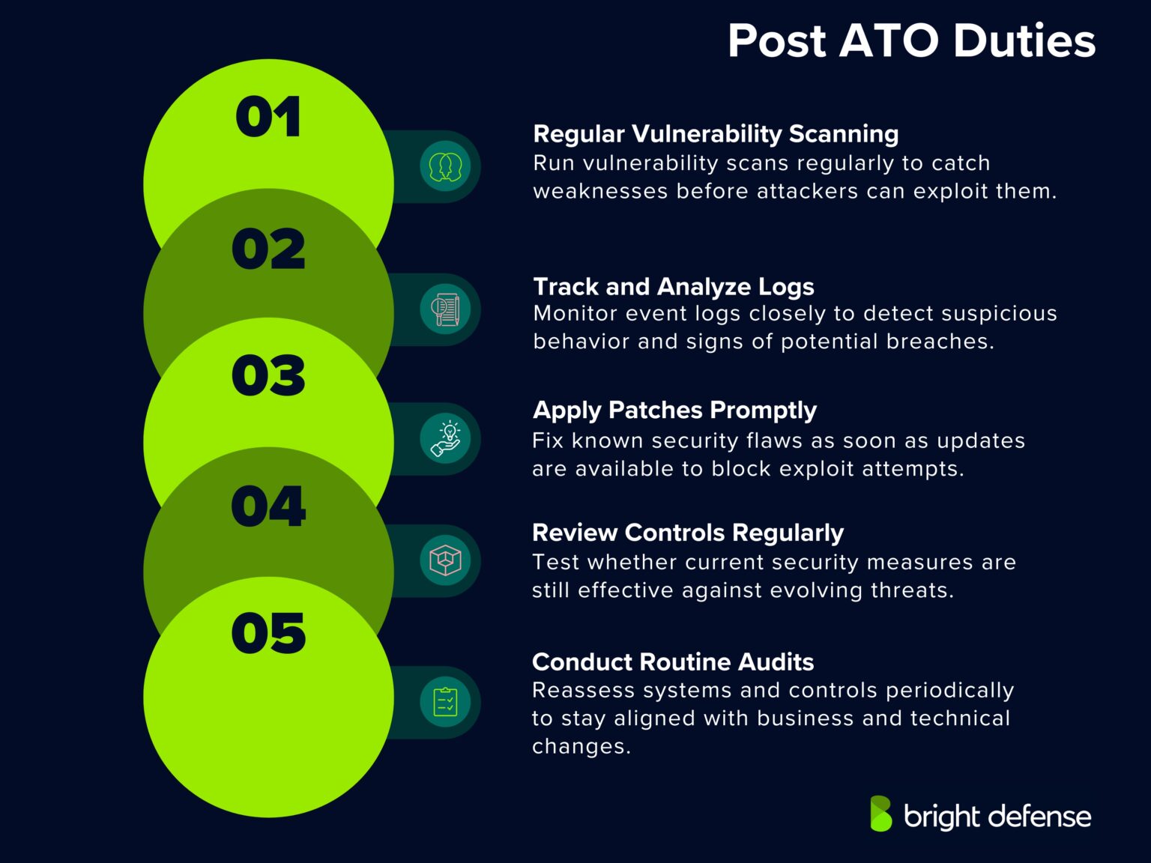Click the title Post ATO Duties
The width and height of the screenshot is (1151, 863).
911,40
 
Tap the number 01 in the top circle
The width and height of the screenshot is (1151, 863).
268,118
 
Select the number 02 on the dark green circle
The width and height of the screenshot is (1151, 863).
268,249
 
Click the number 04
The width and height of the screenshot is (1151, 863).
268,506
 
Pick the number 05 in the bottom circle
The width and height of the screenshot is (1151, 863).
268,633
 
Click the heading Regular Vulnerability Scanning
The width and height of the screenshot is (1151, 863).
716,134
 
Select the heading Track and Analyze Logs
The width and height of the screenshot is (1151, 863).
673,286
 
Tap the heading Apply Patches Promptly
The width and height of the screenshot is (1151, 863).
674,411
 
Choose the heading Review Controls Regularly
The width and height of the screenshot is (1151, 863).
687,533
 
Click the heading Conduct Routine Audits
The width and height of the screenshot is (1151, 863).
672,661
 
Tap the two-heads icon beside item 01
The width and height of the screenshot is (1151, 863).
445,166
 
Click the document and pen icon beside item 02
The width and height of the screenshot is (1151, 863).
445,309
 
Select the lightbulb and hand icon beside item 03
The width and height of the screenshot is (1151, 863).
445,438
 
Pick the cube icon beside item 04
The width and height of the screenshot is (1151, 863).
445,560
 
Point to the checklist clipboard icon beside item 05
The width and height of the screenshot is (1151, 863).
445,702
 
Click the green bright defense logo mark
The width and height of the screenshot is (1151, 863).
881,814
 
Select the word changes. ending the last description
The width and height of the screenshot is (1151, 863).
581,747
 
